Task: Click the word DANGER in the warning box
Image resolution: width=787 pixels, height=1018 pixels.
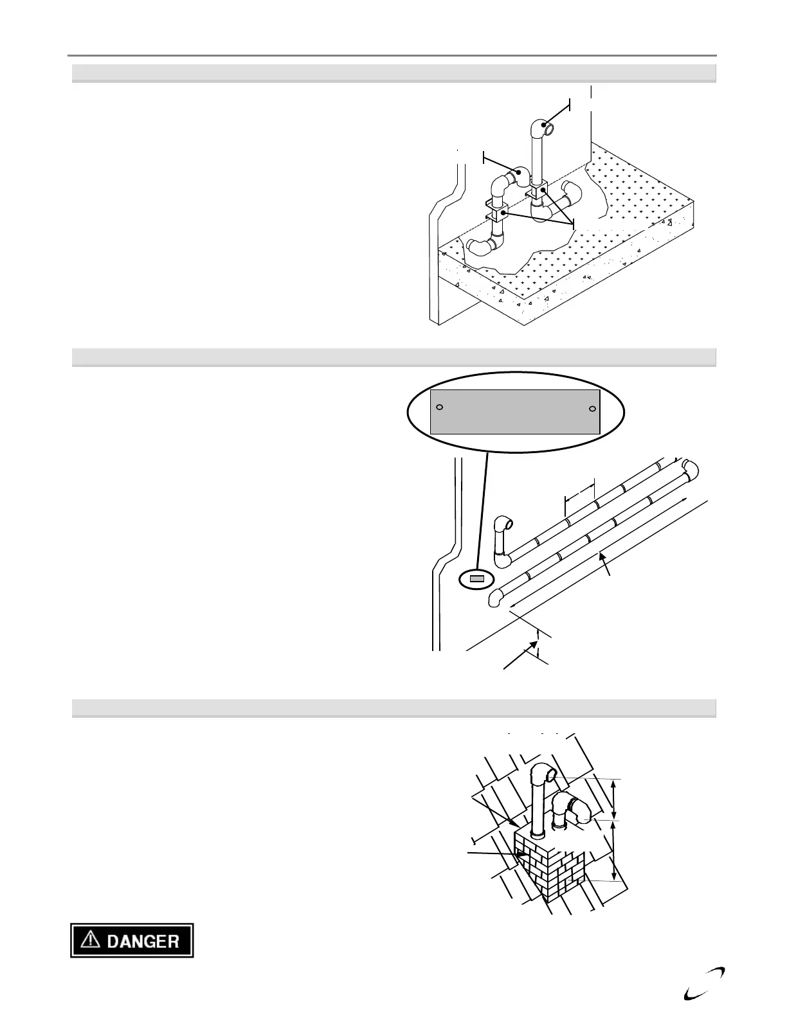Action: (x=142, y=942)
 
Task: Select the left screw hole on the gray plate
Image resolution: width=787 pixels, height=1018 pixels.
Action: (x=440, y=407)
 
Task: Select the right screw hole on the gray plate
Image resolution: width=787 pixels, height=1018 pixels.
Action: (x=593, y=409)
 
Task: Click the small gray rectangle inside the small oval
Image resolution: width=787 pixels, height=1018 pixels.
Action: (x=476, y=579)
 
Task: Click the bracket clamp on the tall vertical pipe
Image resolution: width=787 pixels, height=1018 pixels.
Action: (x=538, y=192)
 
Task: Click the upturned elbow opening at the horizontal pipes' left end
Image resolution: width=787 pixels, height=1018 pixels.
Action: (x=508, y=524)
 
